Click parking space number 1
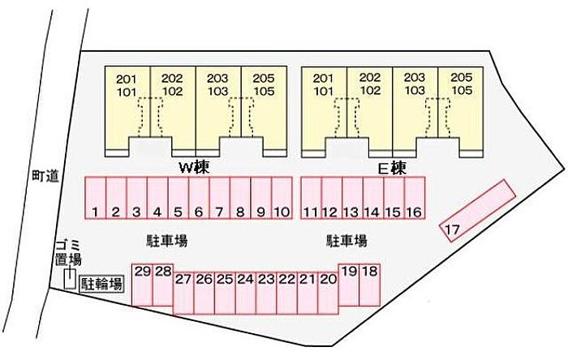(x=96, y=199)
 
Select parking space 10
(x=282, y=199)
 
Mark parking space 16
(x=414, y=199)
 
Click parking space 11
(x=311, y=199)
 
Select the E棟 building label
(x=392, y=168)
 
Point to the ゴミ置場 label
(x=68, y=252)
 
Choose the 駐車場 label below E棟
(x=346, y=241)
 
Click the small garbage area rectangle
(x=71, y=279)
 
